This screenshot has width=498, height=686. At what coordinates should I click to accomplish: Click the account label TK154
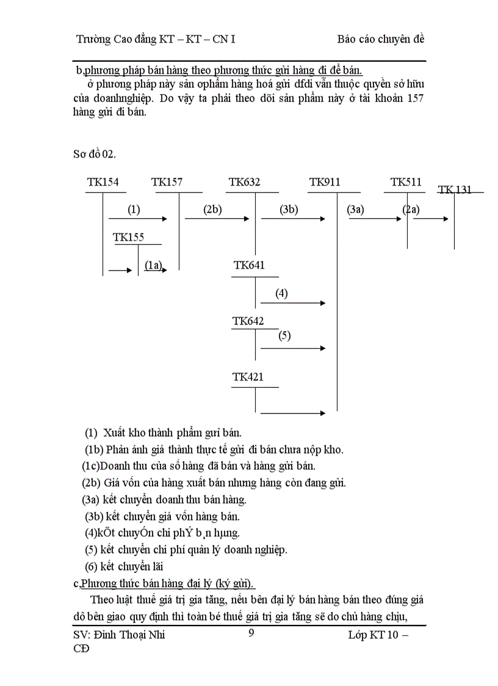point(103,182)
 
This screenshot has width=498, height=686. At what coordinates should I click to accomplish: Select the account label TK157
point(167,182)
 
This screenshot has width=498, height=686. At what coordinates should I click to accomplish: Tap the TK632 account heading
point(244,182)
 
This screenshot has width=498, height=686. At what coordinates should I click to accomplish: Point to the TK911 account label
point(325,182)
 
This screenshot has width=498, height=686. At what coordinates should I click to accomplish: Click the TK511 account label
point(406,182)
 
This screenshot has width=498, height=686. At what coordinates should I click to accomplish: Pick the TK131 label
point(455,189)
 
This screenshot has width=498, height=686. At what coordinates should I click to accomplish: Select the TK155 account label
point(129,238)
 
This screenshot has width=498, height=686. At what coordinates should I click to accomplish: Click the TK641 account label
point(249,265)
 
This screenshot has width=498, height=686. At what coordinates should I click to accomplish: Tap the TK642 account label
point(248,321)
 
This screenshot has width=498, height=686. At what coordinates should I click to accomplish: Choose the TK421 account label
point(248,378)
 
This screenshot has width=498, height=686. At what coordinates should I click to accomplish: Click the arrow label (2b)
point(212,210)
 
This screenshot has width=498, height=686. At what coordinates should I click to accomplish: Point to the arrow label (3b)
point(289,210)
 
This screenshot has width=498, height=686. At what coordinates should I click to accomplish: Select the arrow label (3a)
point(355,210)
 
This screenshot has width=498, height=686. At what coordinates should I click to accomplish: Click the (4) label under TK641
point(281,293)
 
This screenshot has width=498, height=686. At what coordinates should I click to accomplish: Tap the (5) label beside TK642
point(284,335)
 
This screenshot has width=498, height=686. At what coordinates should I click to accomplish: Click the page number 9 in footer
point(251,633)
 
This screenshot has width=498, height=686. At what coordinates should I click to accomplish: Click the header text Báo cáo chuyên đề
point(380,39)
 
